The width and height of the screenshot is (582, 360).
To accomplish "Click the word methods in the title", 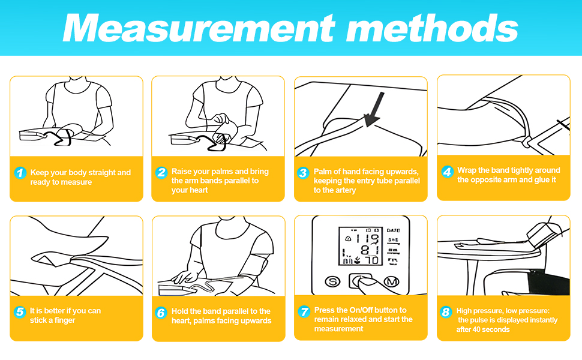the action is [x=431, y=28].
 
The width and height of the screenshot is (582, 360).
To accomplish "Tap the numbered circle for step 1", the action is [x=20, y=173].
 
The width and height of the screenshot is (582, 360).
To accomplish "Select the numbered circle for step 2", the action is [x=161, y=172].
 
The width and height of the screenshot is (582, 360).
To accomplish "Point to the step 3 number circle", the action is [x=303, y=173].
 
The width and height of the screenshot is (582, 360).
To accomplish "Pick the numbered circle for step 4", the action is [x=447, y=172].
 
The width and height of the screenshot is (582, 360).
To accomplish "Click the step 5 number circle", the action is [x=20, y=312].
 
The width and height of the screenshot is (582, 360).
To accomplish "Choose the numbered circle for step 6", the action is [x=161, y=313].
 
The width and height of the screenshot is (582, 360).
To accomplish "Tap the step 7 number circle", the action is [x=304, y=311].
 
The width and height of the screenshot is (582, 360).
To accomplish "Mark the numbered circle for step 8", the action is [x=446, y=312].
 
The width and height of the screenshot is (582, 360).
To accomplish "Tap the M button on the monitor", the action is [x=391, y=281].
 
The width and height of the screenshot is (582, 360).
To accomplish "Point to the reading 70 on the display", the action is [x=371, y=260].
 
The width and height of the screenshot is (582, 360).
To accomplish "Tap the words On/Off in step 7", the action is [x=362, y=310].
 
